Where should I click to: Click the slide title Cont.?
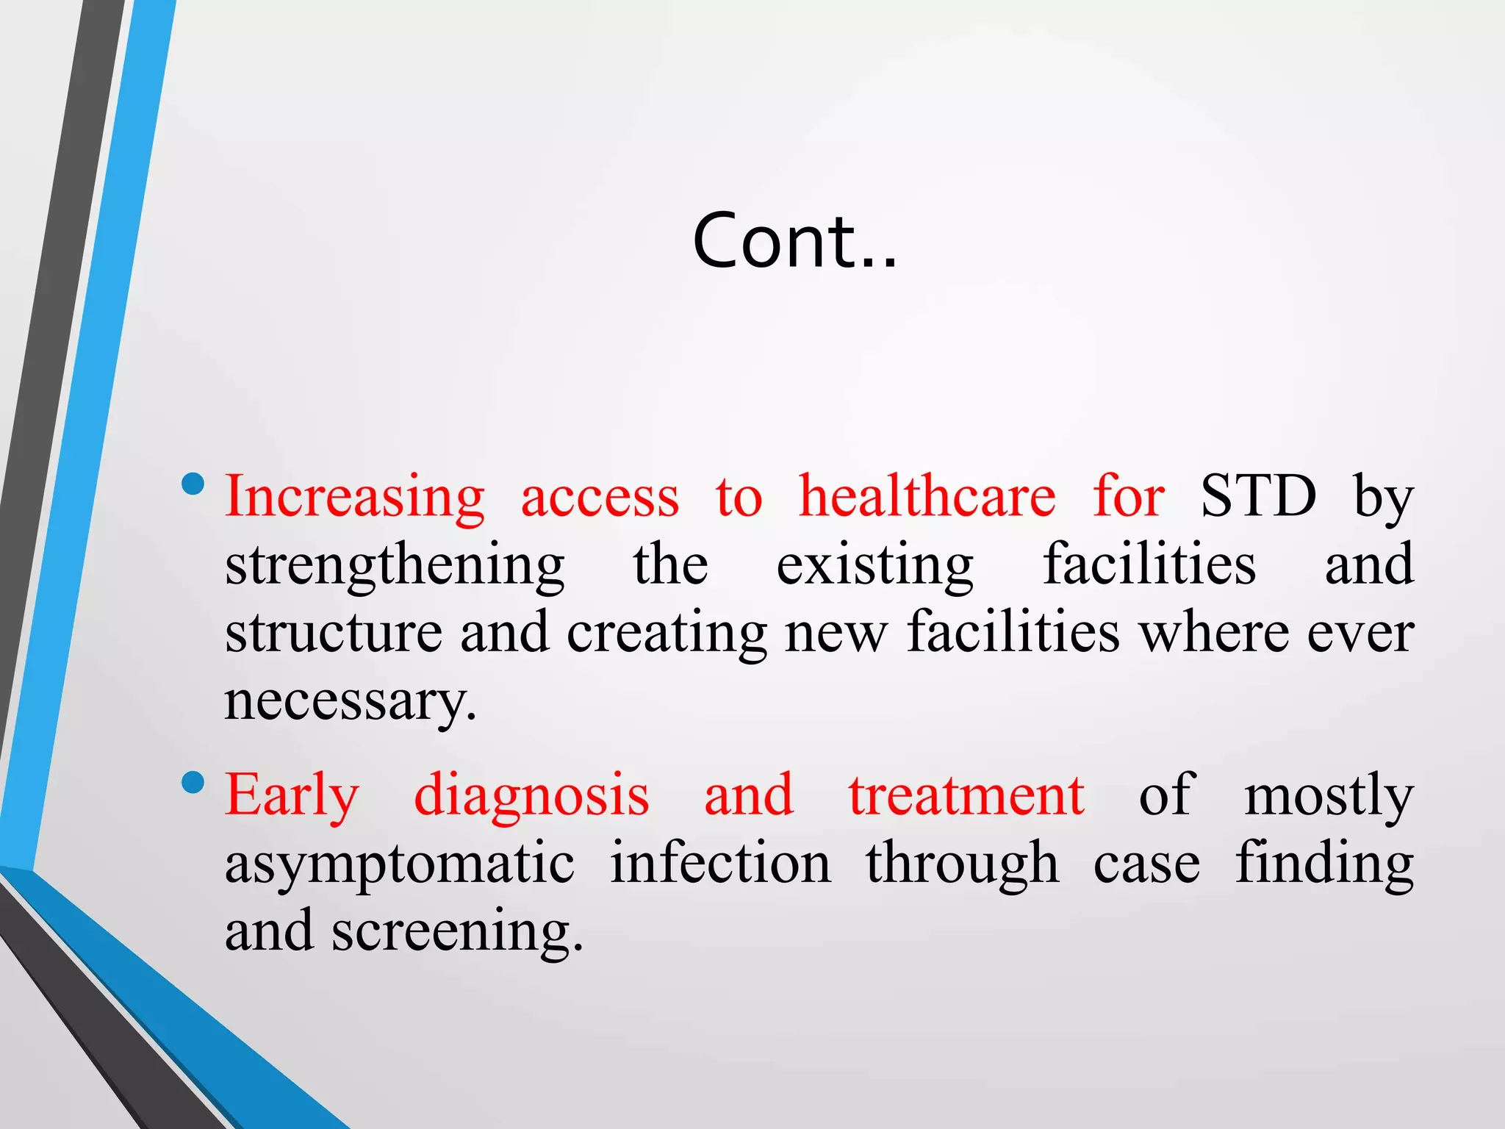coord(794,240)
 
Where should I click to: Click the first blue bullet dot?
coord(193,484)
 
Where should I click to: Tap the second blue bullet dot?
coord(193,782)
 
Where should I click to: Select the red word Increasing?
coord(354,498)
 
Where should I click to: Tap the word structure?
coord(334,632)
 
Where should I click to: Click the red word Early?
coord(292,796)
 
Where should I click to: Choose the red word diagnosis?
coord(531,796)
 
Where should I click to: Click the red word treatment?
coord(966,795)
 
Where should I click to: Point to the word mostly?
coord(1328,796)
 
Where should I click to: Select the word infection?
coord(720,863)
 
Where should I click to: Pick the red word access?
coord(600,498)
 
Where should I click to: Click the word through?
coord(962,864)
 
